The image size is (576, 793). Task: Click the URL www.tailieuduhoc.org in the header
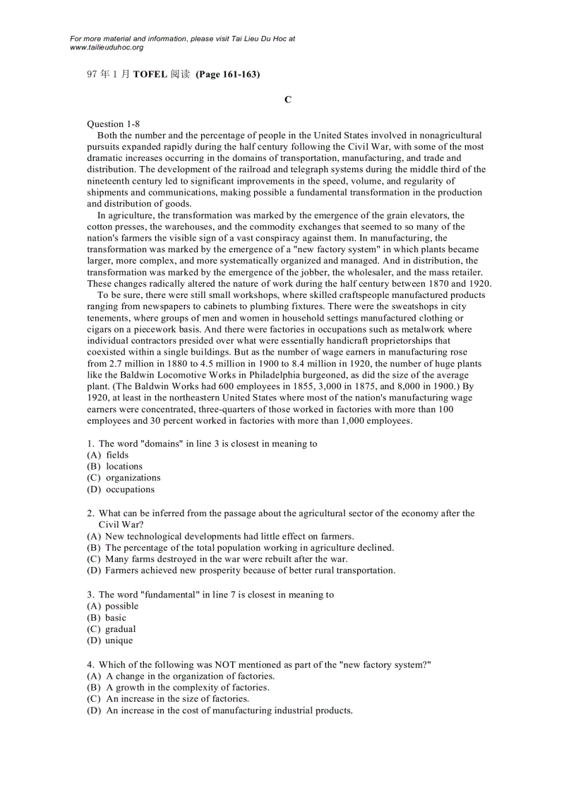[107, 47]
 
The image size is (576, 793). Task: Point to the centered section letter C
[288, 100]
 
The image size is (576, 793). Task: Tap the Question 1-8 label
[113, 124]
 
